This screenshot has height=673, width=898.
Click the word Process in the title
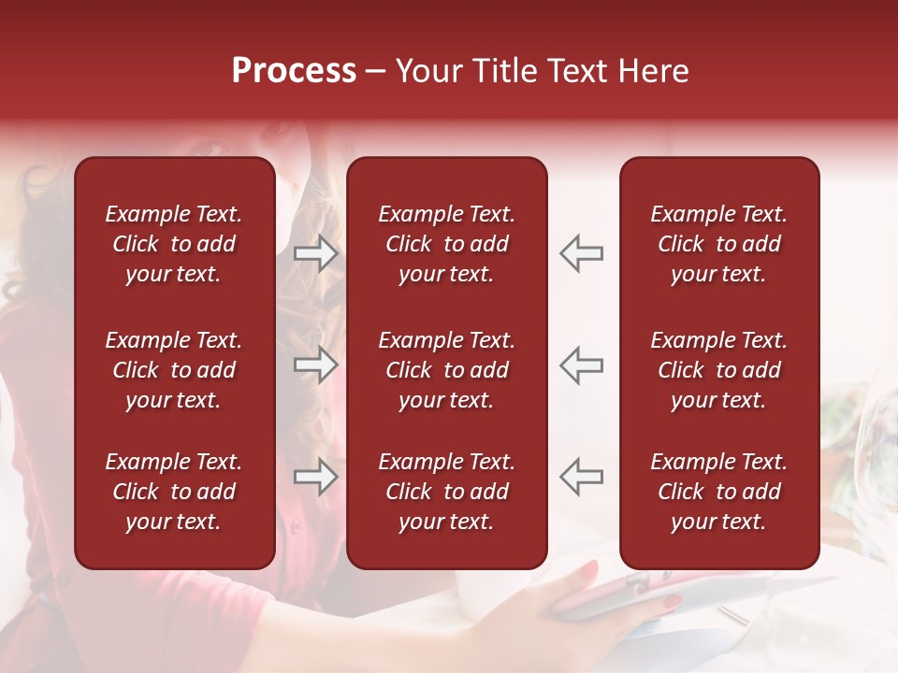[x=294, y=71]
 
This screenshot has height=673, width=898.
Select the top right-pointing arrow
[x=315, y=252]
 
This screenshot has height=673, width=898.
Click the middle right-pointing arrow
[x=315, y=365]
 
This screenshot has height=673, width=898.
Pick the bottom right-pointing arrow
[x=315, y=477]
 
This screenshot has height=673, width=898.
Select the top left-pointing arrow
[x=582, y=252]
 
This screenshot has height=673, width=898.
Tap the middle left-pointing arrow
[x=582, y=365]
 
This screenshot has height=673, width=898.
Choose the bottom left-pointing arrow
[x=582, y=477]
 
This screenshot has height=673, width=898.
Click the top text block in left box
[x=174, y=244]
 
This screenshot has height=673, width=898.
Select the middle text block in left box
[x=174, y=370]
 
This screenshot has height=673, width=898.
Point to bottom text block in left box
[x=174, y=492]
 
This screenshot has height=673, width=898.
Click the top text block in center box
[x=446, y=244]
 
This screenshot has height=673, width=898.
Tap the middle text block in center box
[x=446, y=370]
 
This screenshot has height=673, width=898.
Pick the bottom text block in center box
[x=446, y=492]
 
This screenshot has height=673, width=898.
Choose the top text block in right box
[x=718, y=244]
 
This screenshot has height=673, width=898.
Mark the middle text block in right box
[x=718, y=370]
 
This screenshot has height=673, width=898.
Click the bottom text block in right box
[x=718, y=492]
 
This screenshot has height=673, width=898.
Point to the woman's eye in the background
[x=209, y=148]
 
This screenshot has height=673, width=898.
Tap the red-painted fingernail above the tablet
[x=588, y=568]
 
